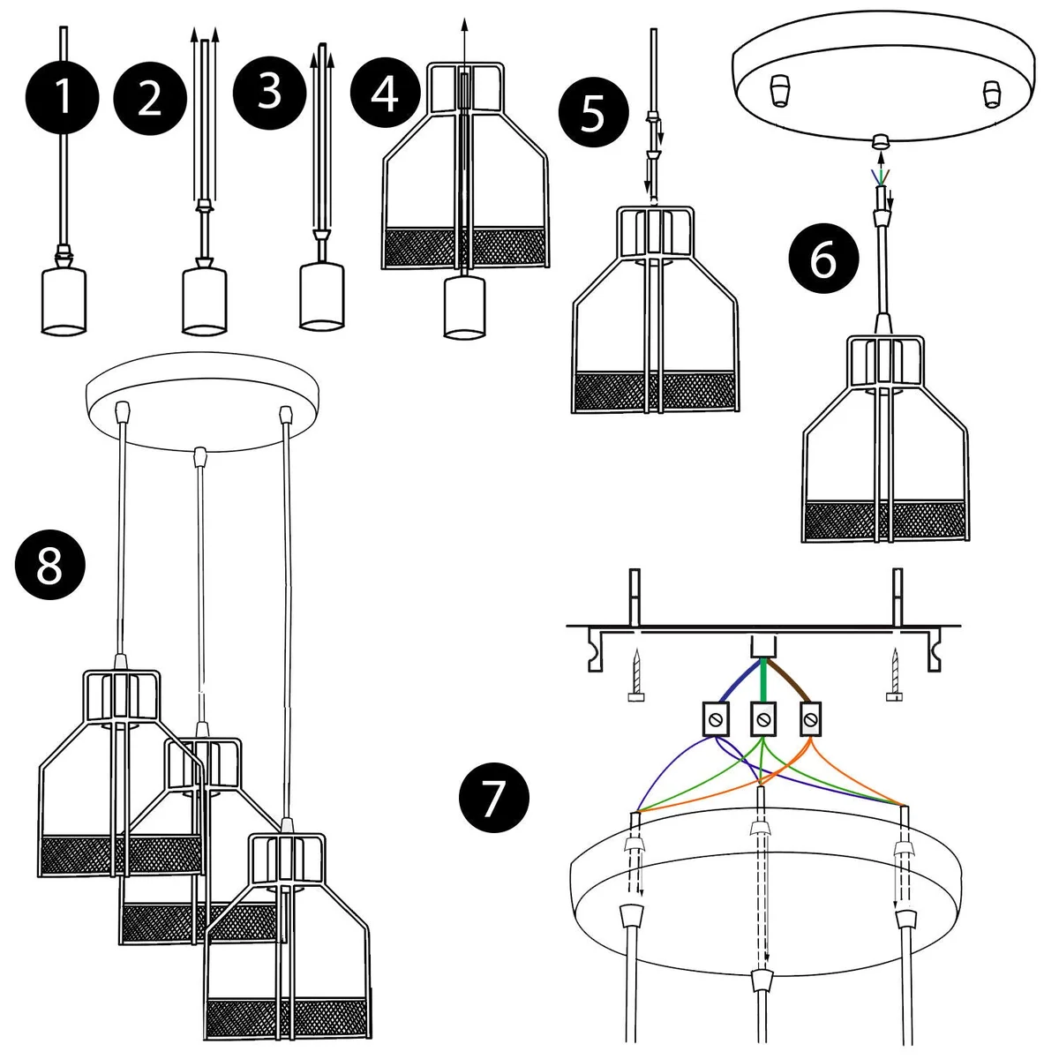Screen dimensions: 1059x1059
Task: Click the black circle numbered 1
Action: [x=63, y=97]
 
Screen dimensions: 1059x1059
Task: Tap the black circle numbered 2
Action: [x=150, y=97]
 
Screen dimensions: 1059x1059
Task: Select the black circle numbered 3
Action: [x=270, y=91]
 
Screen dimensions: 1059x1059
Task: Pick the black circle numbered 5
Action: [x=593, y=115]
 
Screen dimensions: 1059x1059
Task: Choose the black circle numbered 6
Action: [x=823, y=259]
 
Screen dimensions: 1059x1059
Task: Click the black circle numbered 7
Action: [x=494, y=797]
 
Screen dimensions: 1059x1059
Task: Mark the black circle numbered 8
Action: [x=50, y=565]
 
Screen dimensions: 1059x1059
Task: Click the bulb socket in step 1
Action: [x=64, y=300]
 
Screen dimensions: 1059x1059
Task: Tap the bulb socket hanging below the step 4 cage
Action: [x=465, y=306]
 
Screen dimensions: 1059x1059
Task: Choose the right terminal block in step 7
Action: [x=809, y=721]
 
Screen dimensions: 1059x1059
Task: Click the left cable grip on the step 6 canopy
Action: [x=778, y=90]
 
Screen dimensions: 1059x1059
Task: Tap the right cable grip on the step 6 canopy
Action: [x=992, y=92]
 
